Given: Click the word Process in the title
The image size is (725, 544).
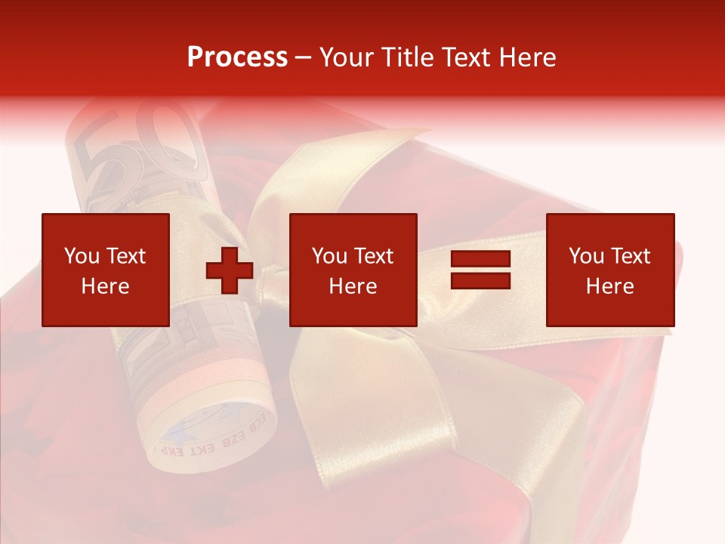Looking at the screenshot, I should [x=237, y=57].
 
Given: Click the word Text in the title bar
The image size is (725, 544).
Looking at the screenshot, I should [x=463, y=57].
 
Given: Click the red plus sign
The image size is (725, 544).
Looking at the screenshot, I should [x=230, y=270].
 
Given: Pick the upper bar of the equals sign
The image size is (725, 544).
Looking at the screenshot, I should [x=480, y=259].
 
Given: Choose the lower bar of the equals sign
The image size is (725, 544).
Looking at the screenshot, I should [x=480, y=280].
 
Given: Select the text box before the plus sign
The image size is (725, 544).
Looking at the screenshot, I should [x=106, y=270].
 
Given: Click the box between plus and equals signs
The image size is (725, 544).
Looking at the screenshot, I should [x=353, y=270].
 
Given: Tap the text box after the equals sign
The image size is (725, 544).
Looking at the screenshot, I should [x=610, y=270].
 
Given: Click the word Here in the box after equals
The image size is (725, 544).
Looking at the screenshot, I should [x=610, y=286].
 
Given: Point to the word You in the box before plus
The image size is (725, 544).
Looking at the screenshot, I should [x=82, y=256].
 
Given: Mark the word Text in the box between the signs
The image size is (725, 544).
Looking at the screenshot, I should [x=374, y=256].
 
